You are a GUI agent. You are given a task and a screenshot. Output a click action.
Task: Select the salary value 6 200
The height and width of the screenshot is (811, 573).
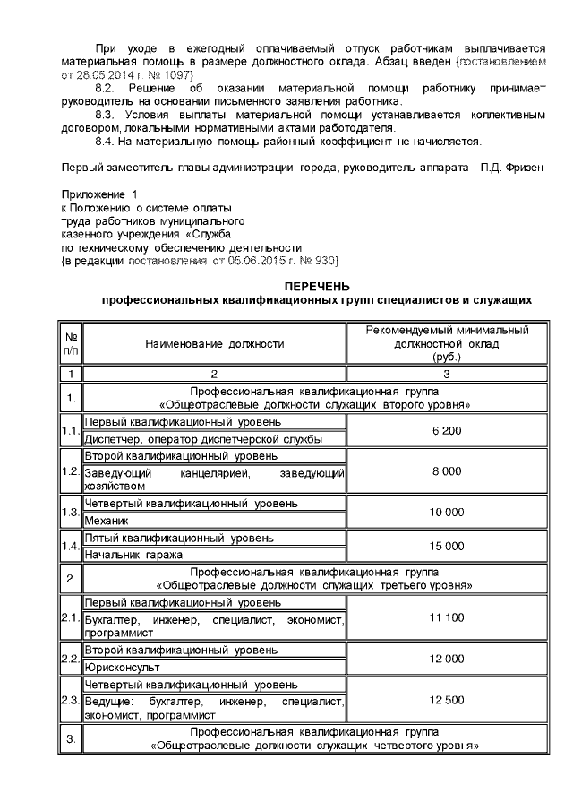tap(446, 431)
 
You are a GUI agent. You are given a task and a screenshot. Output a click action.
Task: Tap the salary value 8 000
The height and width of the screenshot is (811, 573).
tap(446, 470)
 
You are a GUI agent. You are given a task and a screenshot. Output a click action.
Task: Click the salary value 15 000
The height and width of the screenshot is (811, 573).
tap(446, 546)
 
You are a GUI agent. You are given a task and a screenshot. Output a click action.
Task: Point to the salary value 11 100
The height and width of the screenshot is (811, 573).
tap(446, 618)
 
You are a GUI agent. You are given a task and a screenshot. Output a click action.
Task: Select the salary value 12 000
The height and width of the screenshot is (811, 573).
tap(446, 659)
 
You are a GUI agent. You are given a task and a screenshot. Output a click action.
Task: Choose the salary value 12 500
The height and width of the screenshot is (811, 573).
tap(446, 699)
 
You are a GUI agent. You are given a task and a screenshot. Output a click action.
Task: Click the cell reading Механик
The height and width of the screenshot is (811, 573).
tap(107, 520)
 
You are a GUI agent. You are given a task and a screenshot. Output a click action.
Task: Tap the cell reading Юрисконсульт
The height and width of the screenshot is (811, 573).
tap(122, 668)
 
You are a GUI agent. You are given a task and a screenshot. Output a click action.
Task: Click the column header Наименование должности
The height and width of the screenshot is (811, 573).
tap(214, 343)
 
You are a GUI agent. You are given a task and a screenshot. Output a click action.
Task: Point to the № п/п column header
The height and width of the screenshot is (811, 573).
tap(69, 343)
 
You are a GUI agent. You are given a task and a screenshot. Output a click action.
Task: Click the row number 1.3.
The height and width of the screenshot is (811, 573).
tap(70, 512)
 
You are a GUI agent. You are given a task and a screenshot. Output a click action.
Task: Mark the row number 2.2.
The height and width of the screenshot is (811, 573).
tap(70, 660)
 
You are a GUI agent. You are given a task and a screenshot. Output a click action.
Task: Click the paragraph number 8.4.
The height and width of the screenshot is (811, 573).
tap(105, 142)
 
